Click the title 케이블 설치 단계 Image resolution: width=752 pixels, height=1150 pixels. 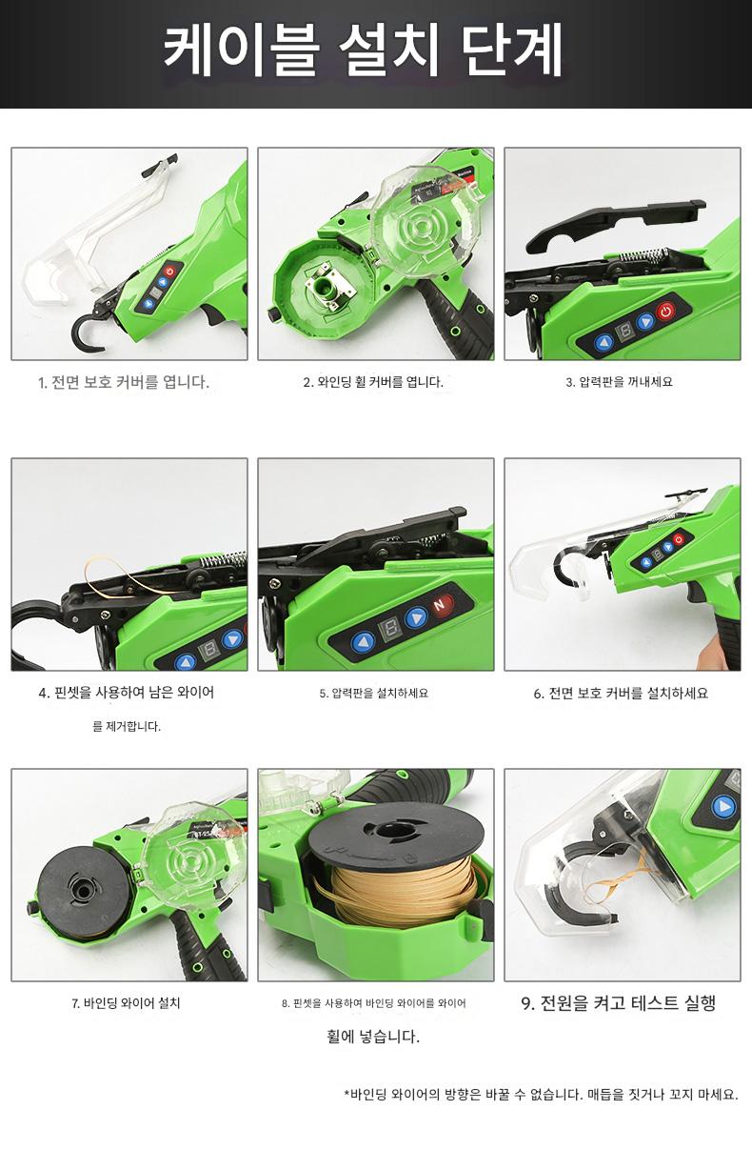tap(363, 51)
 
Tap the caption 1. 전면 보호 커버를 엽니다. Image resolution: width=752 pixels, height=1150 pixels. tap(124, 382)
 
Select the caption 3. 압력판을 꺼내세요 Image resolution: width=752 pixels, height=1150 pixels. tap(619, 382)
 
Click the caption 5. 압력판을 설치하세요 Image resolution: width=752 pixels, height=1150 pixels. tap(373, 693)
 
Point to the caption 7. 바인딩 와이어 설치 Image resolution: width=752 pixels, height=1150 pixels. tap(126, 1002)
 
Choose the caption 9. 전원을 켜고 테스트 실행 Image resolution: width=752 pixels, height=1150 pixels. tap(618, 1002)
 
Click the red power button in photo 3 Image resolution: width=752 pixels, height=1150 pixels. tap(665, 311)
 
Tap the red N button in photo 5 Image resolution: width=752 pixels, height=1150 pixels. tap(440, 605)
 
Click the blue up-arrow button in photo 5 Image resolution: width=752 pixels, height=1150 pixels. tap(364, 642)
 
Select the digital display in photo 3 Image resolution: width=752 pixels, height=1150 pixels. tap(625, 332)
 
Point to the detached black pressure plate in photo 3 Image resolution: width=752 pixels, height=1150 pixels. tap(616, 222)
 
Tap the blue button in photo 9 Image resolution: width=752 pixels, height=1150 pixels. tap(723, 807)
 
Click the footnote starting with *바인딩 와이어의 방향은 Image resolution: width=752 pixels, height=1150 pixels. tap(542, 1094)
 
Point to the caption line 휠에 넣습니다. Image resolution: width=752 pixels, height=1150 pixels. tap(373, 1036)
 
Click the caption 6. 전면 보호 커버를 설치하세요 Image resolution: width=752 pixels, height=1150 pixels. tap(621, 693)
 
